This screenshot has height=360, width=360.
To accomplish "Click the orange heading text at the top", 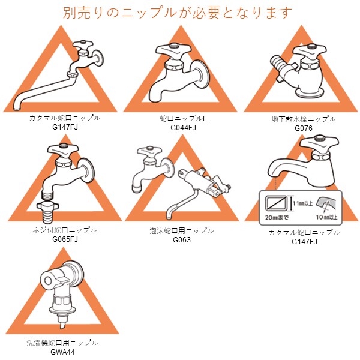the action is (x=177, y=13).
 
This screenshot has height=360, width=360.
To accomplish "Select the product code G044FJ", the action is (x=183, y=128).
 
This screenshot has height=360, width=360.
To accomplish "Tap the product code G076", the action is (x=304, y=128).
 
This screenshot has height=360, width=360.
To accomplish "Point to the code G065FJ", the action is (x=65, y=239).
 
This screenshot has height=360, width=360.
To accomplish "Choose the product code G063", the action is (x=182, y=240).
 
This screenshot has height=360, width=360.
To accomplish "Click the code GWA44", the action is (x=62, y=352).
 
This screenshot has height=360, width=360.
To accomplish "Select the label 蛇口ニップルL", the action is (x=183, y=118).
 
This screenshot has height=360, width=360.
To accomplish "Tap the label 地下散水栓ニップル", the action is (x=303, y=119).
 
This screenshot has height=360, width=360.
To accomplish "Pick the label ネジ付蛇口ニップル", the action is (x=65, y=230).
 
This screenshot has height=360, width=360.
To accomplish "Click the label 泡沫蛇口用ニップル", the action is (x=182, y=231).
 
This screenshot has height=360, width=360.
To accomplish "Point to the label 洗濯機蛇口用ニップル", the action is (x=62, y=343).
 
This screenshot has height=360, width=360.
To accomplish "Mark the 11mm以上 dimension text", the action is (x=302, y=203).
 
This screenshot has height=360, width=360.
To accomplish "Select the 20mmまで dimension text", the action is (x=277, y=217).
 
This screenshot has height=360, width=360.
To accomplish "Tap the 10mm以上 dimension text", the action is (x=327, y=217).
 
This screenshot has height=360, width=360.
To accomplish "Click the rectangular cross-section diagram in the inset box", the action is (x=276, y=203).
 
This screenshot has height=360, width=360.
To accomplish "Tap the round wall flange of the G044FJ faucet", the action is (x=200, y=74).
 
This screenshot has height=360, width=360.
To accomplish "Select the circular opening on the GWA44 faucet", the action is (x=48, y=281).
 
